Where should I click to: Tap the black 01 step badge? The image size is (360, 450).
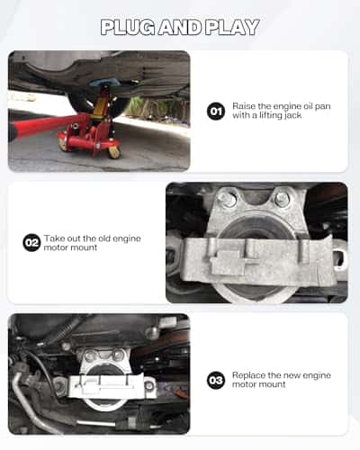pyautogui.click(x=215, y=112)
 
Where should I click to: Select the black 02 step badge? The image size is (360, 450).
pyautogui.click(x=31, y=242)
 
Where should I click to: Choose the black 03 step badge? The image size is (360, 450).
pyautogui.click(x=215, y=380)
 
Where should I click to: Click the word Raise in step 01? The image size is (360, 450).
pyautogui.click(x=244, y=105)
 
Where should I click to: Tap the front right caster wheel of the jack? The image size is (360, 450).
pyautogui.click(x=113, y=151)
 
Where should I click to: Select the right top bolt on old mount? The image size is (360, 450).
pyautogui.click(x=282, y=200)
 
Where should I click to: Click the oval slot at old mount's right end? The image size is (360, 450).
pyautogui.click(x=339, y=259)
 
